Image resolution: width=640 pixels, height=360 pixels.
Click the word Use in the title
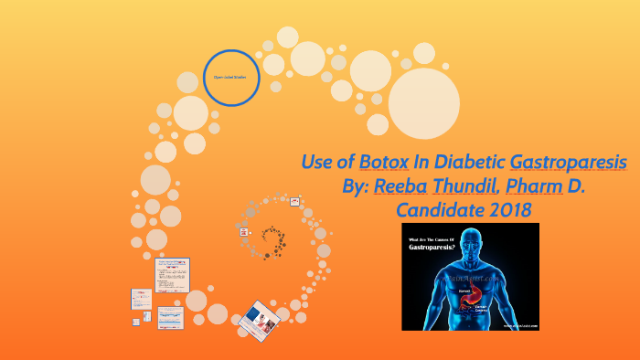(317, 164)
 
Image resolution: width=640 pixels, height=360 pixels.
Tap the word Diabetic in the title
(469, 164)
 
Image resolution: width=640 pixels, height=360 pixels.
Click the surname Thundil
(467, 187)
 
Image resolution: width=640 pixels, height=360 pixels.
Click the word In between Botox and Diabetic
(418, 164)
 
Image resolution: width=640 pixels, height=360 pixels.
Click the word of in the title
(346, 164)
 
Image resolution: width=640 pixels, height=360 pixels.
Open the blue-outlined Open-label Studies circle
(229, 78)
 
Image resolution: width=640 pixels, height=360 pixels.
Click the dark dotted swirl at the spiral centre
(273, 238)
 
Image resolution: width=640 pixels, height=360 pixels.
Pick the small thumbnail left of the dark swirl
(244, 233)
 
